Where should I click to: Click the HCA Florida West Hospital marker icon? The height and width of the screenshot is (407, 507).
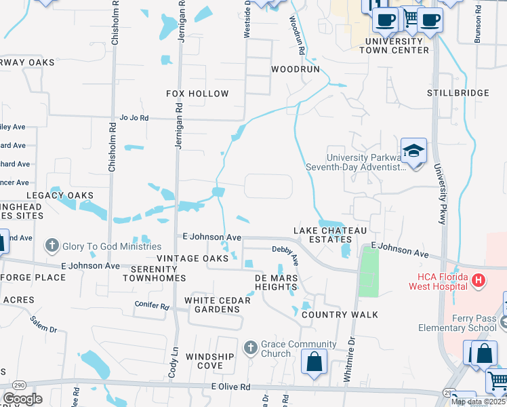[x=479, y=279]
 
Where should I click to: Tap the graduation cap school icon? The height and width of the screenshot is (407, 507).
[x=413, y=151]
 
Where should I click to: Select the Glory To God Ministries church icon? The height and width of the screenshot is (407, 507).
[x=52, y=246]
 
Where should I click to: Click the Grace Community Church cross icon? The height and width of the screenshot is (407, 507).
[x=250, y=348]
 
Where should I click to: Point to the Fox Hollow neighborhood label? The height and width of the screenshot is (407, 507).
[x=197, y=94]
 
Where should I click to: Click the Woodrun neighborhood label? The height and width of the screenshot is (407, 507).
[x=295, y=69]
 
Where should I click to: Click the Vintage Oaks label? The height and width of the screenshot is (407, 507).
[x=188, y=258]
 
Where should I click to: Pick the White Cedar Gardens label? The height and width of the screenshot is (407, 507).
[x=213, y=305]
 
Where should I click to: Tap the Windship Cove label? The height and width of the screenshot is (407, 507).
[x=210, y=361]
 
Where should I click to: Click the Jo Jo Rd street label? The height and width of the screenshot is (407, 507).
[x=134, y=117]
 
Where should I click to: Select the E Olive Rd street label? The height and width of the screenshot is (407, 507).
[x=230, y=386]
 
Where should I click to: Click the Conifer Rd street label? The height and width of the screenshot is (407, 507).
[x=151, y=305]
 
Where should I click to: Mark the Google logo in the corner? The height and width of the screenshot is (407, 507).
[x=22, y=399]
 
